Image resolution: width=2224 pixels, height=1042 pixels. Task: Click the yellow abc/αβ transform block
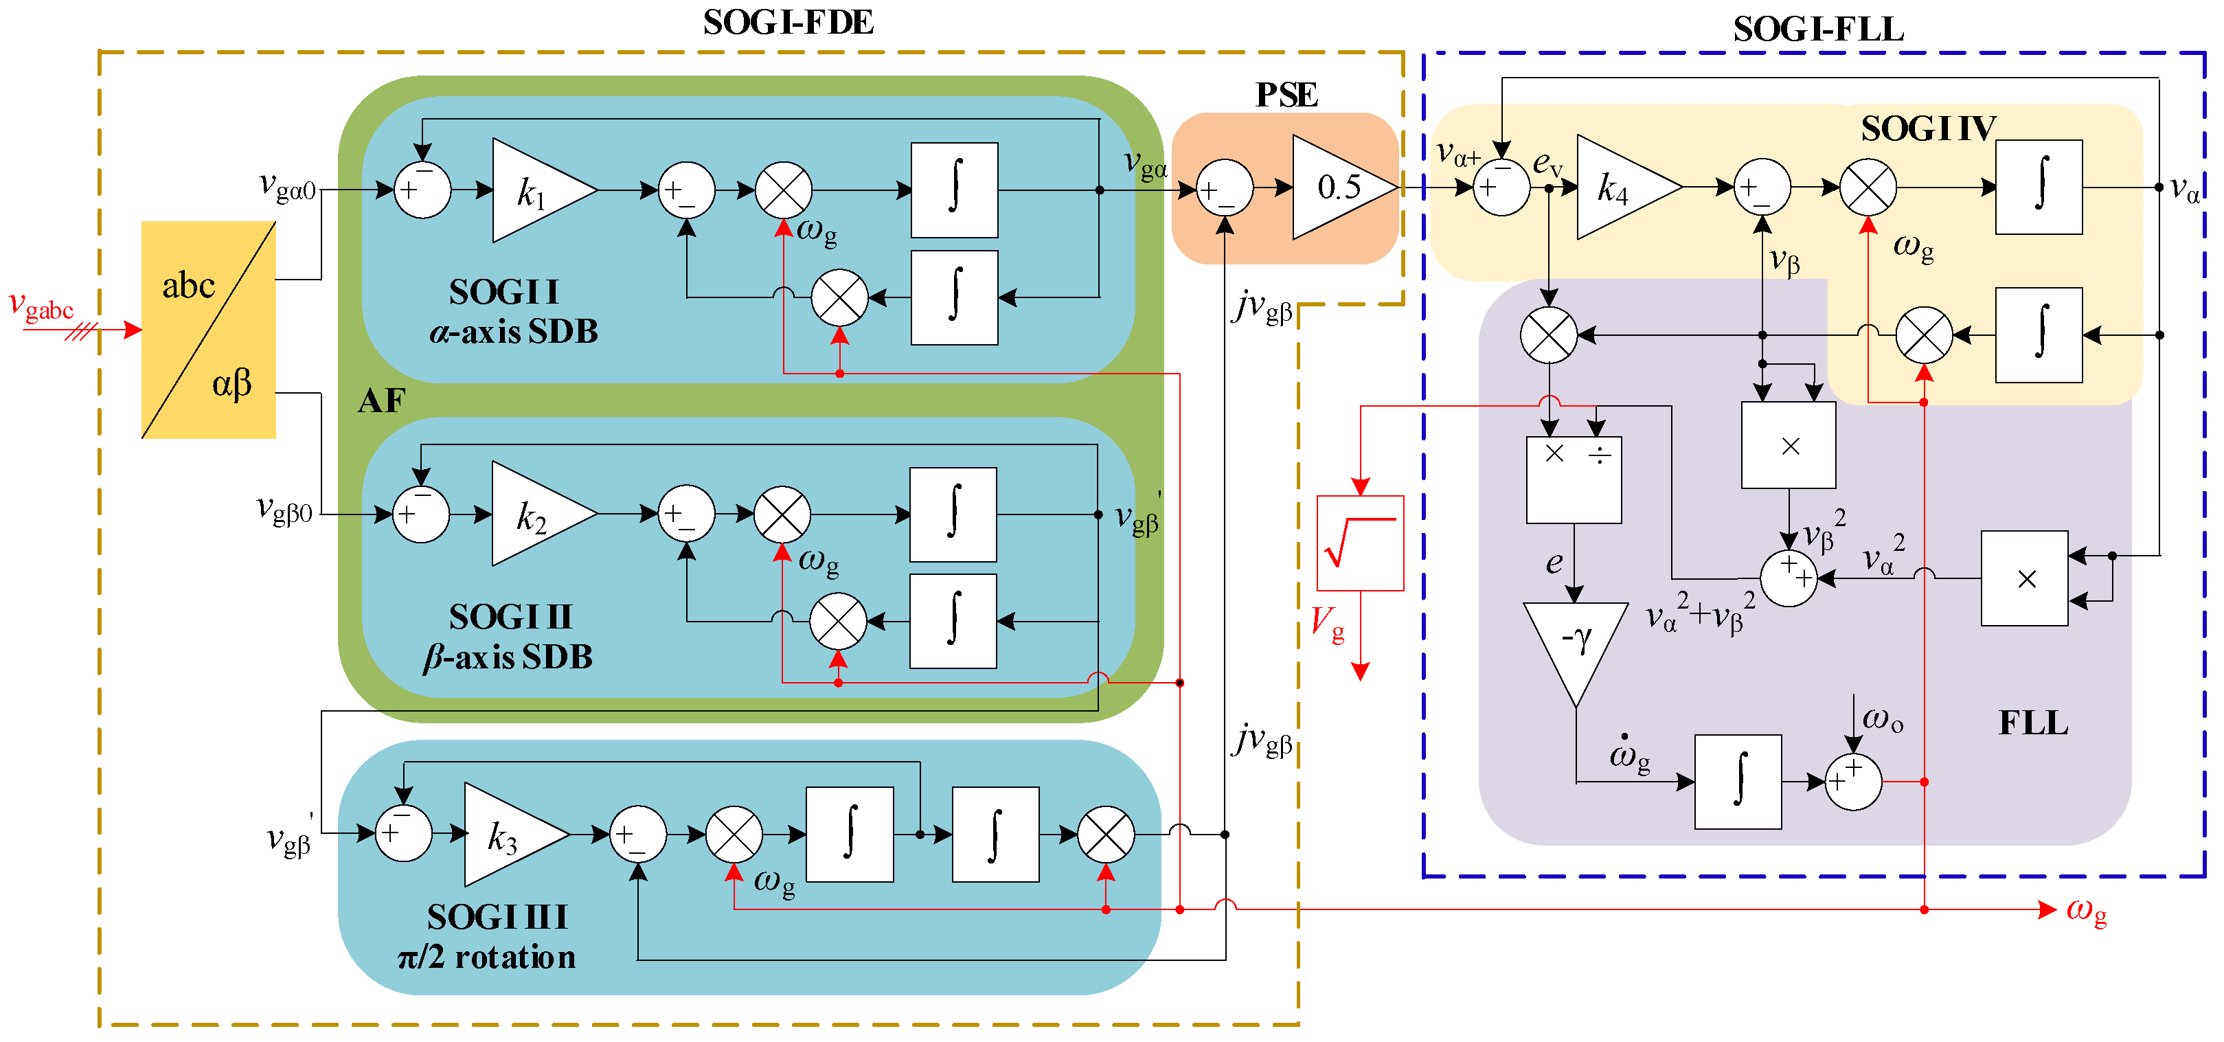[x=209, y=330]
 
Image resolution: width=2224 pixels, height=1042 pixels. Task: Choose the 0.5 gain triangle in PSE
[x=1344, y=186]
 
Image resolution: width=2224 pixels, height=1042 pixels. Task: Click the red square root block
[x=1360, y=543]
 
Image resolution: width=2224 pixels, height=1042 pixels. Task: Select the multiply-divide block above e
[x=1573, y=480]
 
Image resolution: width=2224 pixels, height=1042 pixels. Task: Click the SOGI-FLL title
[x=1818, y=30]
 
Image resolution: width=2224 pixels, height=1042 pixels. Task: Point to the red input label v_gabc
[x=41, y=306]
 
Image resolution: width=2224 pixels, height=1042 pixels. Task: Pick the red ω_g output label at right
[x=2086, y=911]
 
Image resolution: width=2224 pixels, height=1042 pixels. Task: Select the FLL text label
[x=2033, y=723]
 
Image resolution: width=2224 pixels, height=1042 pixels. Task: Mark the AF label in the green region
[x=381, y=400]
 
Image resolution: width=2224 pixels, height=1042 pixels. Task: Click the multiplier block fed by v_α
[x=2025, y=578]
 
